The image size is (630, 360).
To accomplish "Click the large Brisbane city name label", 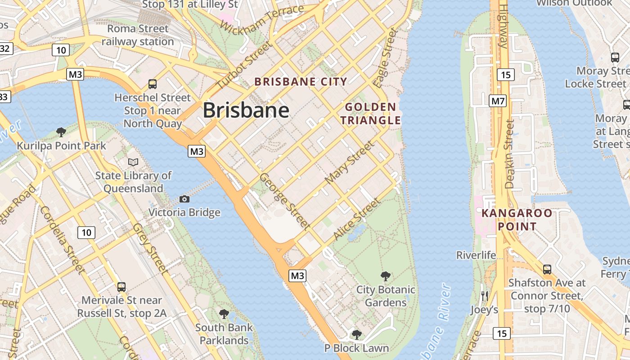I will coord(246,110).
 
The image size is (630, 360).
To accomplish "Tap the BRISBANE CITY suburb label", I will coord(301,82).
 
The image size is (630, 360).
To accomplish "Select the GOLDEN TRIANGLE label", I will coord(370,113).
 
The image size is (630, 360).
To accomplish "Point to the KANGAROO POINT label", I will coord(517,220).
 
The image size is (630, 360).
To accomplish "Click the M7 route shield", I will coord(498,101).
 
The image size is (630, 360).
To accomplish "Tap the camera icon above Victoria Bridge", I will coord(184,199).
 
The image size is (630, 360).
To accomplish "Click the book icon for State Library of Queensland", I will coord(133,162).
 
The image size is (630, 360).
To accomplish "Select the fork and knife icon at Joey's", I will coord(484,296).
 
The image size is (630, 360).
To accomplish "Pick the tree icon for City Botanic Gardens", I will coord(385,276).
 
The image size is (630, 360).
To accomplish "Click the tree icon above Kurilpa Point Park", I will coord(61,132).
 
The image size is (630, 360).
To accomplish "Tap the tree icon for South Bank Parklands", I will coord(224,314).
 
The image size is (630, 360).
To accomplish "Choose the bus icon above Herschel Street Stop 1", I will coord(153,84).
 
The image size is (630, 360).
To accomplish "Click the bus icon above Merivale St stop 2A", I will coord(121,287).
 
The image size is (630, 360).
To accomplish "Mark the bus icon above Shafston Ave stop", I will coord(547,269).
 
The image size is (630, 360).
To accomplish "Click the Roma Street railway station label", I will coord(138,35).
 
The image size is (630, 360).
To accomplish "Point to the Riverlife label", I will coord(476,255).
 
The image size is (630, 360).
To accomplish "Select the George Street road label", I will coord(284,201).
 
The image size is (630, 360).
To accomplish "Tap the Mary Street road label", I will coord(349,162).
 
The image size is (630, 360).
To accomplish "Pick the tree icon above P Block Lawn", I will coord(357,334).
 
